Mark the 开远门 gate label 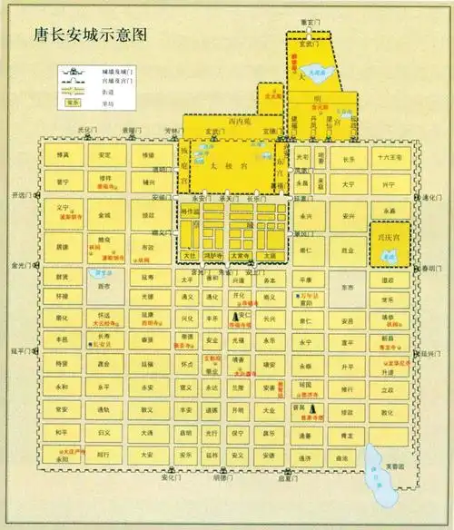point(21,195)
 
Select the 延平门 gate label point(21,349)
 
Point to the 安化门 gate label point(173,478)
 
